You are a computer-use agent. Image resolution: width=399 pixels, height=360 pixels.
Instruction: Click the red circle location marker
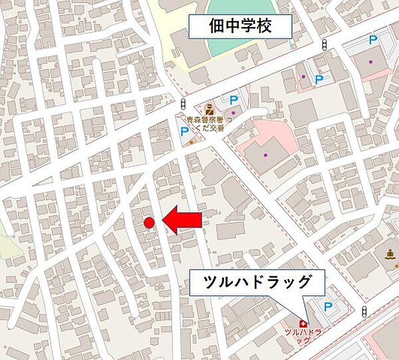tap(149, 223)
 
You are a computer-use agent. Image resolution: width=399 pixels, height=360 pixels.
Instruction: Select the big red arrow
tap(183, 220)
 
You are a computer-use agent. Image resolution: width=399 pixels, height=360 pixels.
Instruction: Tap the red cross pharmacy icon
tap(303, 323)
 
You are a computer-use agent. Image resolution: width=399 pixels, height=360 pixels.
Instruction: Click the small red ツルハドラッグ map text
tap(303, 335)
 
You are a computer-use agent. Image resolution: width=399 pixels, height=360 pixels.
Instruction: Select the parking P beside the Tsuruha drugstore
tap(327, 306)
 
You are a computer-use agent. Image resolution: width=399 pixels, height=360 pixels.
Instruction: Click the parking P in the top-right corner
tap(374, 41)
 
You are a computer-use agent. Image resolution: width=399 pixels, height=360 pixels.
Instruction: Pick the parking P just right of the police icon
tap(233, 100)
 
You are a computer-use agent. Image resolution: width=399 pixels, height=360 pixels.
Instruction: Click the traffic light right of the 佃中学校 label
tap(324, 45)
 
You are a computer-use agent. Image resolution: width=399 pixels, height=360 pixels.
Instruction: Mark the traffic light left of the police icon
tap(183, 103)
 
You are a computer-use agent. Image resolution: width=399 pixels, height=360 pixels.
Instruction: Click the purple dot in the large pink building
tap(265, 155)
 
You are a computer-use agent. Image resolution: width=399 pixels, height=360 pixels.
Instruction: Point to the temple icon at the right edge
tap(389, 255)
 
